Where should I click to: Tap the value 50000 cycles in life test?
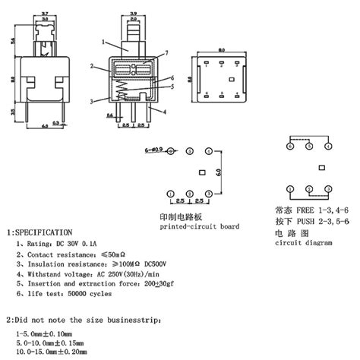pyautogui.click(x=93, y=291)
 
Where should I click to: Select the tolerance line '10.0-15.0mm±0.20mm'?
pyautogui.click(x=51, y=352)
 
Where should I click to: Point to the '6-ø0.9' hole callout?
pyautogui.click(x=153, y=152)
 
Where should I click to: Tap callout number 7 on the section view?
pyautogui.click(x=166, y=53)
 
